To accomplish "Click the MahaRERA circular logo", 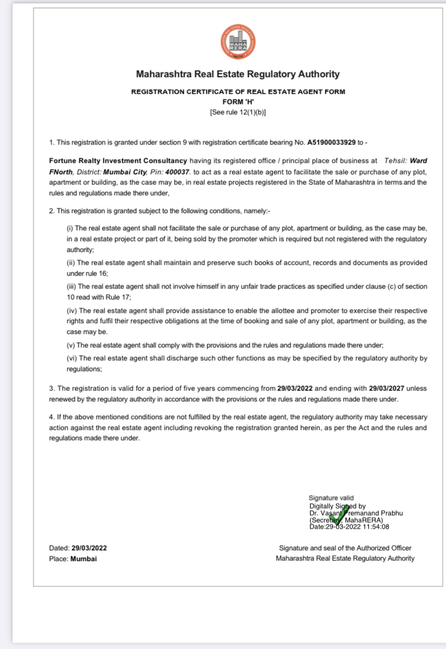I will click(x=238, y=41).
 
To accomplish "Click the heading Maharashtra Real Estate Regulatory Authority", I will click(x=238, y=74).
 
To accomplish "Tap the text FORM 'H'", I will click(x=238, y=102).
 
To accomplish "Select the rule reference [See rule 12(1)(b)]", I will click(x=238, y=112).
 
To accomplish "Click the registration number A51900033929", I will click(x=331, y=142).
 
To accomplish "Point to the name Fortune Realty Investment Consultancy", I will click(x=118, y=161).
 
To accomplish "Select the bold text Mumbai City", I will click(x=126, y=172).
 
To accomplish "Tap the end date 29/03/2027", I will click(x=387, y=388).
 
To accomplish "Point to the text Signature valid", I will click(x=331, y=498).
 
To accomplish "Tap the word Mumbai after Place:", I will click(x=83, y=559).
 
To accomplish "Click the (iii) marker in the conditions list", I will click(x=71, y=287).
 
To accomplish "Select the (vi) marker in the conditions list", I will click(x=71, y=358).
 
